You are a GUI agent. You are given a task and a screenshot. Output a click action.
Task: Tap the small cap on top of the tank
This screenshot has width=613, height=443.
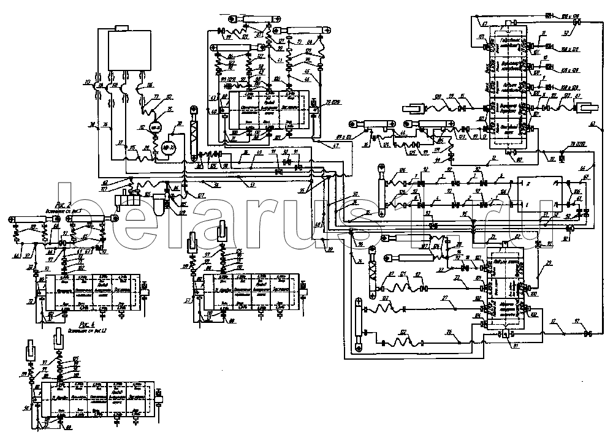coord(121,27)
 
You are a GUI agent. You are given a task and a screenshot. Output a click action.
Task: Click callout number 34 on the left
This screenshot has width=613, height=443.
coord(93,125)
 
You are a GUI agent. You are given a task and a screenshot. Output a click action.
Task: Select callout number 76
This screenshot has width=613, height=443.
coord(105,125)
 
